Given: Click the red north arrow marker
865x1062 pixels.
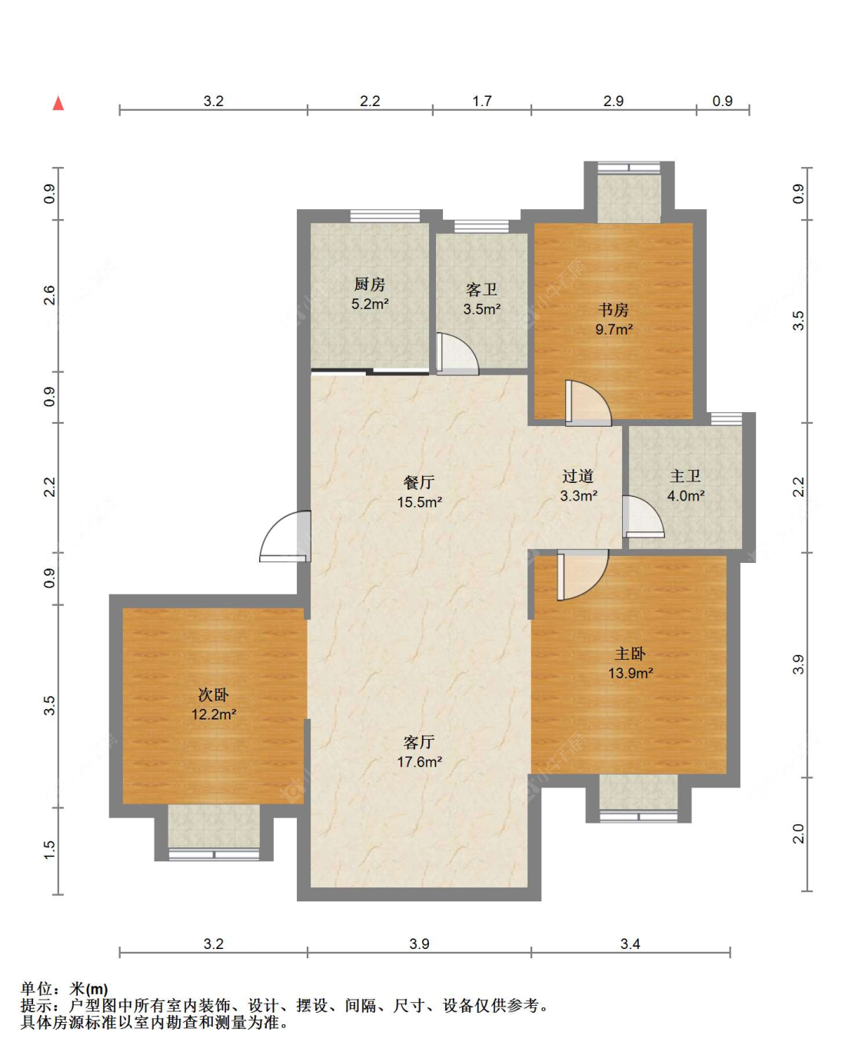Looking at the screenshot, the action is pyautogui.click(x=58, y=103).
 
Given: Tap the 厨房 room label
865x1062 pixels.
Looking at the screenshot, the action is pyautogui.click(x=369, y=285).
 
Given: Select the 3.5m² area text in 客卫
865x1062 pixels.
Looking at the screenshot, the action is pyautogui.click(x=481, y=309).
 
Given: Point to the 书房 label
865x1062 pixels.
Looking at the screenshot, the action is pyautogui.click(x=614, y=310).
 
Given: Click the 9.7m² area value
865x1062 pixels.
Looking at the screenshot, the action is pyautogui.click(x=614, y=329).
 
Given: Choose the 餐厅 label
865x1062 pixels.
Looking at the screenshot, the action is pyautogui.click(x=419, y=482).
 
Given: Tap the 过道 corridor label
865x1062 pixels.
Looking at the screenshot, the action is pyautogui.click(x=578, y=476).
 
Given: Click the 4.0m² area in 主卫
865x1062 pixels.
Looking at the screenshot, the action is pyautogui.click(x=686, y=495).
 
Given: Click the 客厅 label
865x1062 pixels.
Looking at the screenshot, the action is pyautogui.click(x=419, y=742).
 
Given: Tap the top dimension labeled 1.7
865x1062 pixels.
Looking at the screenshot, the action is pyautogui.click(x=481, y=102).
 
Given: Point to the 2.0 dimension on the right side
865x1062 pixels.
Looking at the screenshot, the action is pyautogui.click(x=799, y=833).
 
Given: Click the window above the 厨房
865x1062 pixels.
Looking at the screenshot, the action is pyautogui.click(x=384, y=216).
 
